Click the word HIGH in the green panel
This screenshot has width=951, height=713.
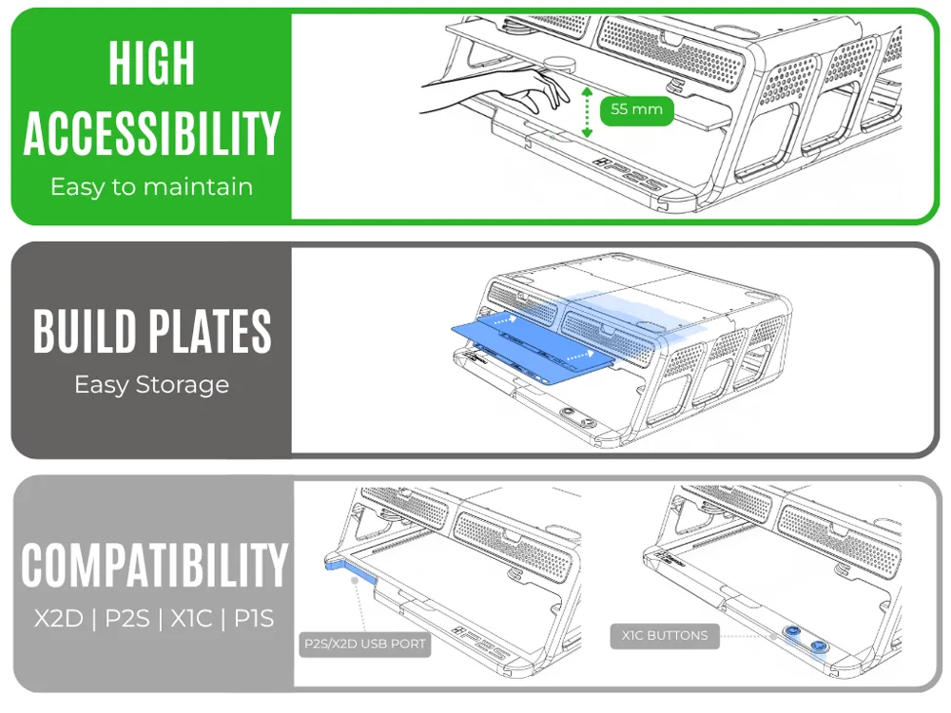point(151,63)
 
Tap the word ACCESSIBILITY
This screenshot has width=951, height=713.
point(151,133)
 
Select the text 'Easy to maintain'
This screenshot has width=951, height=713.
point(151,186)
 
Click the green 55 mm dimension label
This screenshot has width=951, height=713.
point(636,109)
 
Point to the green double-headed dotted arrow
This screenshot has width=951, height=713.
point(587,111)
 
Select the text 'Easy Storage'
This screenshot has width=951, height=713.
point(151,385)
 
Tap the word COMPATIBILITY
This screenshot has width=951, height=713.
point(154,565)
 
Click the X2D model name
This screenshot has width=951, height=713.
point(58,619)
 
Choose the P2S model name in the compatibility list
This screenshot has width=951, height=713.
point(127,619)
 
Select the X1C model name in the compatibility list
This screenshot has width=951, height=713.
point(192,619)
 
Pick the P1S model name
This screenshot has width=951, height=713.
point(254,619)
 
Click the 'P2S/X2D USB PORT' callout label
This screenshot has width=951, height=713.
point(365,644)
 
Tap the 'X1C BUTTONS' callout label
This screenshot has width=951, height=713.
point(665,636)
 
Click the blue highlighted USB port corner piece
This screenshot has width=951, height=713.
point(351,571)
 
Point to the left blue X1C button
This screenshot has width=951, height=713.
point(791,632)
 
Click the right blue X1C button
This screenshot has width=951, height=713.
point(818,646)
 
